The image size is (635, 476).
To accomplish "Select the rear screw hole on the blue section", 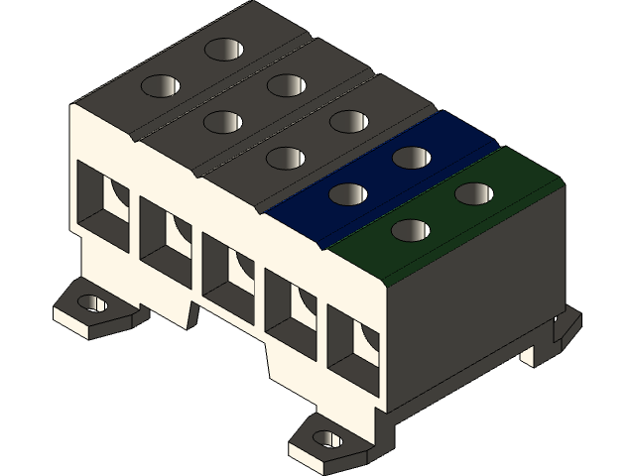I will (409, 157).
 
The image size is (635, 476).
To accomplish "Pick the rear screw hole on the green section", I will (473, 192).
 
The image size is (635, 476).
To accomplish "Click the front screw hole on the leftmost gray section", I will (160, 87).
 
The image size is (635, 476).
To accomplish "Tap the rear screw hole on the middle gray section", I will (285, 84).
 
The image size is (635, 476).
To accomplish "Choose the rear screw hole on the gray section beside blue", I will (347, 120).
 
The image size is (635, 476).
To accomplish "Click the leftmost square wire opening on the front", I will (101, 202).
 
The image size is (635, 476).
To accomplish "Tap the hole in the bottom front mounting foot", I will (328, 438).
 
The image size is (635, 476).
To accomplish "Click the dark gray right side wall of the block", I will (476, 297).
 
